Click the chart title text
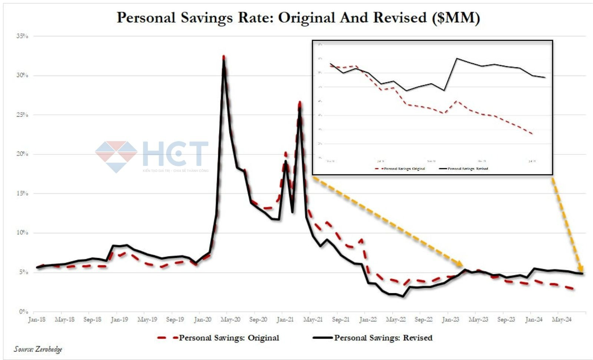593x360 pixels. click(298, 18)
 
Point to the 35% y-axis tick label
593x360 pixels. click(22, 36)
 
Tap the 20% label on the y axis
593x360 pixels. click(22, 154)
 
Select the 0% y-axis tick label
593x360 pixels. click(23, 311)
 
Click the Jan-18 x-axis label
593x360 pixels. click(37, 319)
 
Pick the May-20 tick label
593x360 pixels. click(230, 319)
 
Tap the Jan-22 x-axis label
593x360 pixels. click(368, 319)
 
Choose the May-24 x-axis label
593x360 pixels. click(561, 319)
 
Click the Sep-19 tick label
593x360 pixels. click(175, 319)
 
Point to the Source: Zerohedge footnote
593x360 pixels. click(38, 349)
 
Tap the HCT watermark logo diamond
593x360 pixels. click(116, 156)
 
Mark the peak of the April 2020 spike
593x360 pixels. click(223, 58)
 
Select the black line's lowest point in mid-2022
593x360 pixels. click(403, 296)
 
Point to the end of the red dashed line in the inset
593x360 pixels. click(533, 134)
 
